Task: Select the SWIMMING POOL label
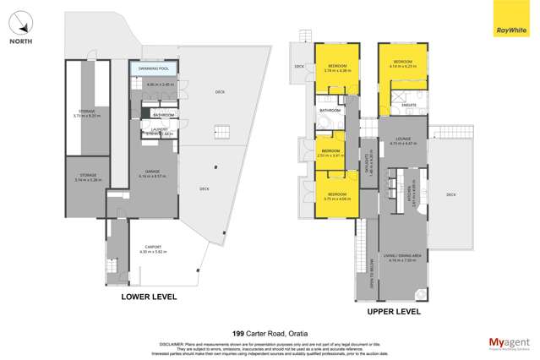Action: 150,67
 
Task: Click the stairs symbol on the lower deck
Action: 221,133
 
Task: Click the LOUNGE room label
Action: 400,141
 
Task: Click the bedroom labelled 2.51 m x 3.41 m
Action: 331,153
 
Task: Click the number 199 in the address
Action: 237,334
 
